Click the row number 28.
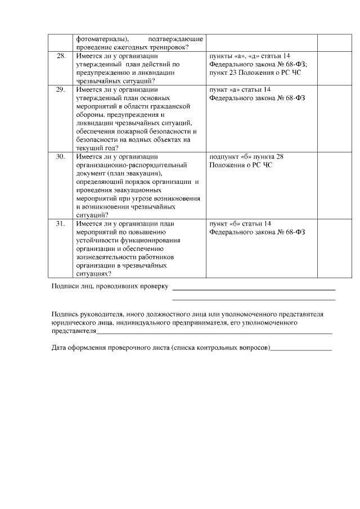point(61,56)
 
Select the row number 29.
point(61,89)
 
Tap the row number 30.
point(61,156)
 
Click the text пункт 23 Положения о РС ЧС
point(247,73)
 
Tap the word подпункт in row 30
point(224,156)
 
